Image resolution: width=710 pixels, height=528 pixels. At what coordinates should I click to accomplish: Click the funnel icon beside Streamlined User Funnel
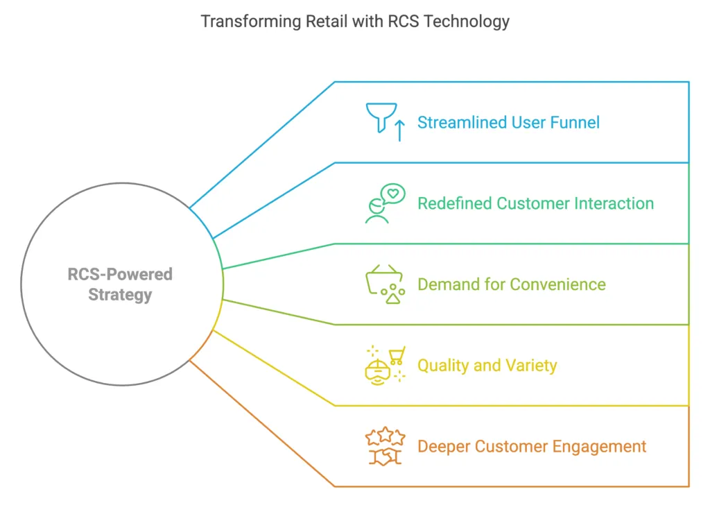tap(379, 117)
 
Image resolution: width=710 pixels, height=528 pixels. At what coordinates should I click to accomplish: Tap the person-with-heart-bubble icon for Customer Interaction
tap(385, 203)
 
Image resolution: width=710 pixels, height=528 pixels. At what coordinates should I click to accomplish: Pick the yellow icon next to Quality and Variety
tap(385, 365)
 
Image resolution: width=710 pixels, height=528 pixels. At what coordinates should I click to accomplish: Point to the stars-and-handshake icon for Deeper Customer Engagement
tap(385, 446)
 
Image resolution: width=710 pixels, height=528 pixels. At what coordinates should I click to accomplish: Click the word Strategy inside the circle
tap(120, 294)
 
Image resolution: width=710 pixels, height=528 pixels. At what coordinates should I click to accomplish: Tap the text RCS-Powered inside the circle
tap(120, 274)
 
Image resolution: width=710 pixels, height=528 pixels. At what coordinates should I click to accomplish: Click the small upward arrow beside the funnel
tap(399, 130)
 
